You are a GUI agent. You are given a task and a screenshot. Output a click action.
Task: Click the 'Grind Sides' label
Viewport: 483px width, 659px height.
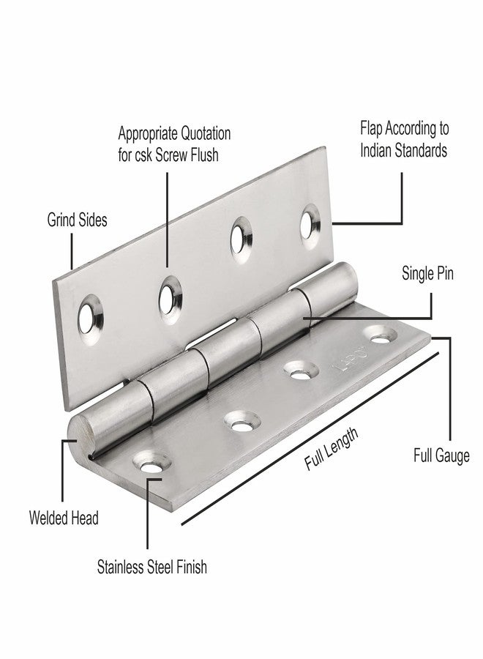(x=77, y=220)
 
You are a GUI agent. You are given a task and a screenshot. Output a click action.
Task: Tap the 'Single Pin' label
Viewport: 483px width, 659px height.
(x=427, y=274)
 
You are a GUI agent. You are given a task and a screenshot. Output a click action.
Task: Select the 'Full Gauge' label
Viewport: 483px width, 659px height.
(x=441, y=456)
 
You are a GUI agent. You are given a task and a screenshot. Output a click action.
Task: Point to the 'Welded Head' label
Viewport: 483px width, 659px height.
(x=64, y=518)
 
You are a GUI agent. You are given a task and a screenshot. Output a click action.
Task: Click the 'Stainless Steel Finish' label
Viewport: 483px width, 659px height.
(x=152, y=567)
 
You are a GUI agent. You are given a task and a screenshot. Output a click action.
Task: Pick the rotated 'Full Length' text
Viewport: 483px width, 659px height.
(x=332, y=448)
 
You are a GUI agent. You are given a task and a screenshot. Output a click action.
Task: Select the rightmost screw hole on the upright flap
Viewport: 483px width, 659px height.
(x=310, y=226)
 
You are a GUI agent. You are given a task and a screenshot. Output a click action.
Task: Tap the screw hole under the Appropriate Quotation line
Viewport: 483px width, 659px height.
(x=170, y=300)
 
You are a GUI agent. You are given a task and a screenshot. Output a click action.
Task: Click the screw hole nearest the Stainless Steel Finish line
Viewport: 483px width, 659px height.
(x=152, y=461)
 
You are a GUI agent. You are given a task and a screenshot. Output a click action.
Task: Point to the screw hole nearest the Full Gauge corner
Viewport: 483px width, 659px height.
(x=381, y=334)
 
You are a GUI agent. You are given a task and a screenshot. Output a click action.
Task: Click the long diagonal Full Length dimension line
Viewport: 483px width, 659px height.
(x=310, y=439)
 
